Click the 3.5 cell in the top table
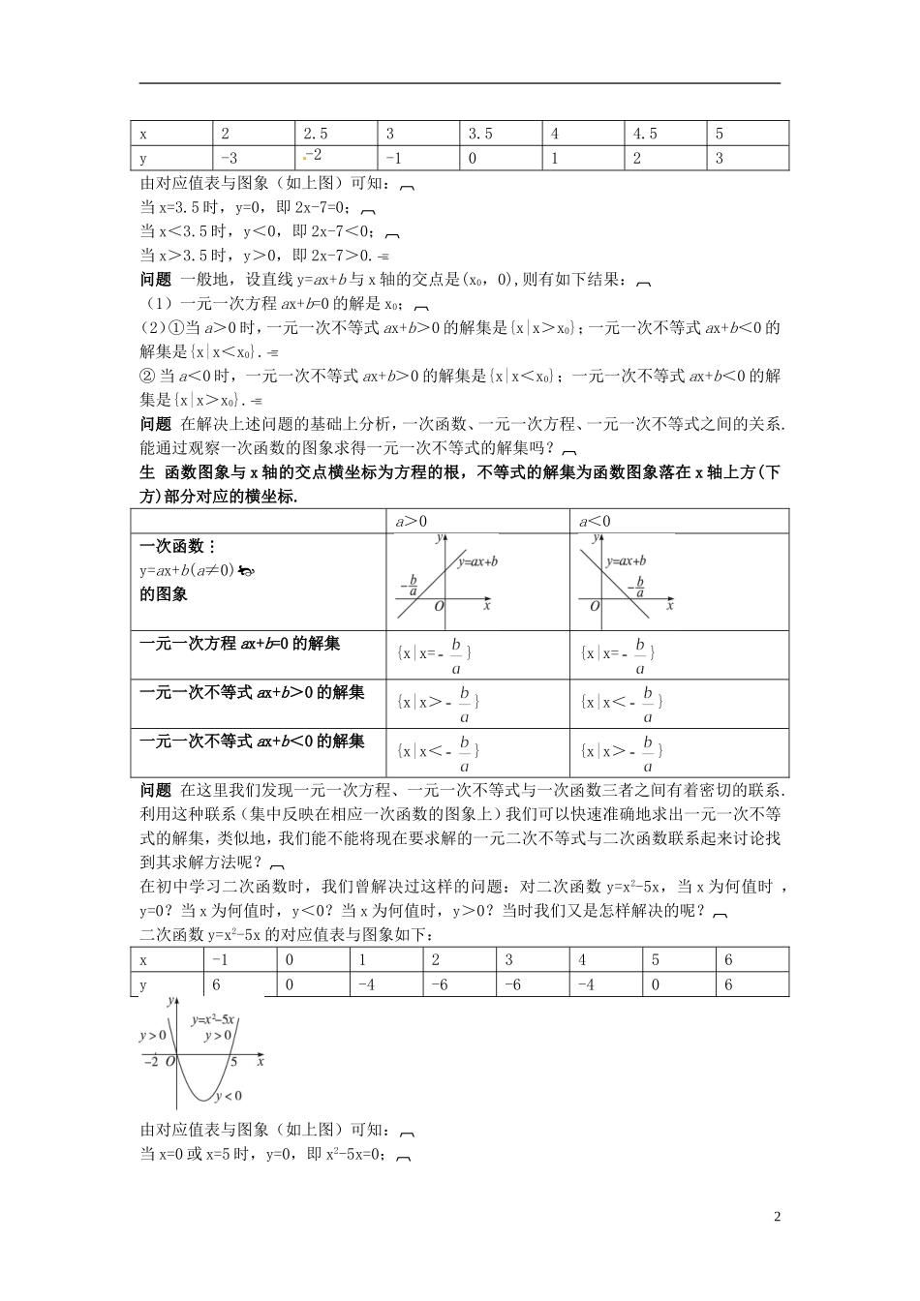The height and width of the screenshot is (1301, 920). click(480, 134)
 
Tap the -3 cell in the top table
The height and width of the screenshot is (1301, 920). click(230, 158)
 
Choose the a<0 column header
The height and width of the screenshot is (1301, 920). click(595, 522)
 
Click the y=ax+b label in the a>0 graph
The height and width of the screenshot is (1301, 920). click(475, 561)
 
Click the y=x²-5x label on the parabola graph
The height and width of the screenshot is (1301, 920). click(214, 1019)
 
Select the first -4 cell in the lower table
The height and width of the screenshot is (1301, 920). click(366, 984)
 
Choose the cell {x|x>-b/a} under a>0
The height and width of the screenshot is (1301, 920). click(438, 703)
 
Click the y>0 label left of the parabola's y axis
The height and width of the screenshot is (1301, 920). click(154, 1036)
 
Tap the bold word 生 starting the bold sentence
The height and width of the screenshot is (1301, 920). click(147, 472)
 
